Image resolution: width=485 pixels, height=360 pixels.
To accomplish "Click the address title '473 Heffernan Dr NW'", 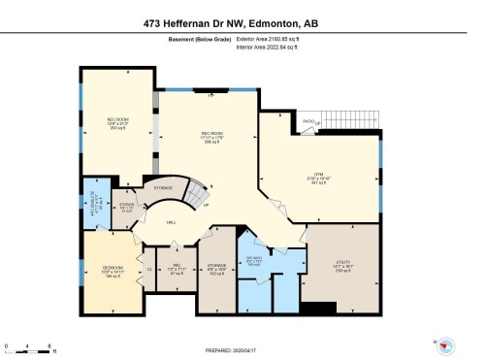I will click(x=198, y=20).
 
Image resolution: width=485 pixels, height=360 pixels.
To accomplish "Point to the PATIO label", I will click(x=307, y=121).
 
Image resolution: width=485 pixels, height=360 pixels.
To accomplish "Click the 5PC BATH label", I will click(x=254, y=260).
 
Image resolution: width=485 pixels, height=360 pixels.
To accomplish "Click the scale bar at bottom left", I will click(x=30, y=345).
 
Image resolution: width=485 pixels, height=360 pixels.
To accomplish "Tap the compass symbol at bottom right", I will click(x=446, y=345).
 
